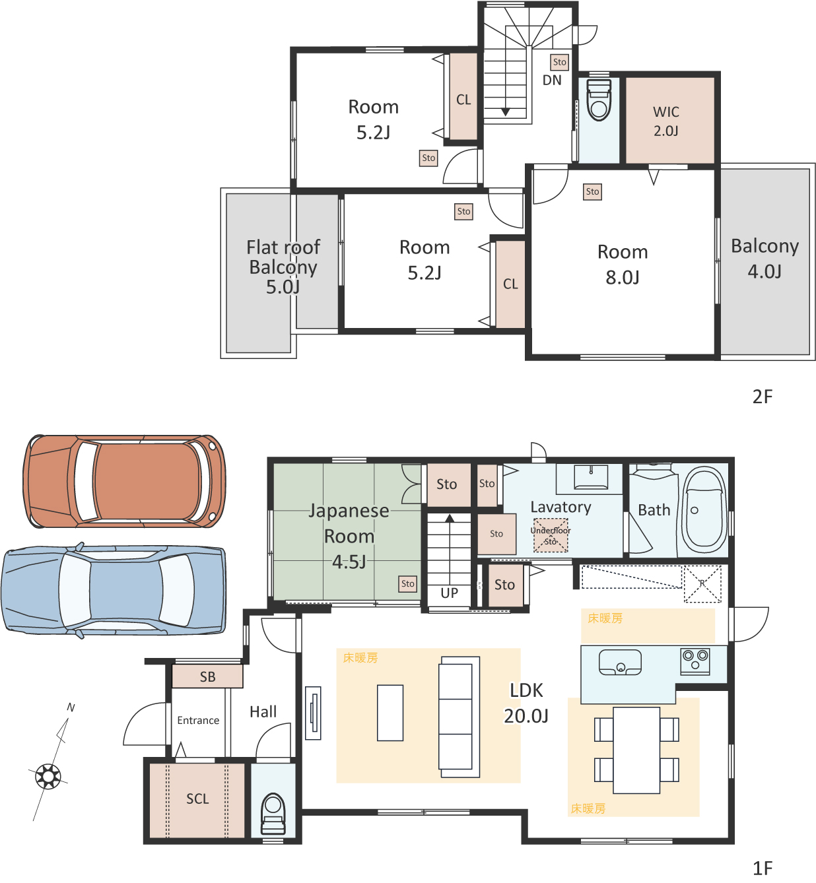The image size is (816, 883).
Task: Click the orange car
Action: click(124, 481)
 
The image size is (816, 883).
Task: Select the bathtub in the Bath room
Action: click(704, 509)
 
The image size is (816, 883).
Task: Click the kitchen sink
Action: click(620, 663)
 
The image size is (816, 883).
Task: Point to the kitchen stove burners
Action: click(695, 661)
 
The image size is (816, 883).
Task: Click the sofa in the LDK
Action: click(459, 717)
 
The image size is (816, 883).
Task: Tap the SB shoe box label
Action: click(207, 676)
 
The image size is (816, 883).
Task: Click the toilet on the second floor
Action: click(598, 100)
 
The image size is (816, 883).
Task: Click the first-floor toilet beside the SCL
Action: click(273, 814)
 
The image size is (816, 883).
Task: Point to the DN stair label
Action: click(552, 80)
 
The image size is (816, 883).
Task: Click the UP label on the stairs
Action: click(449, 593)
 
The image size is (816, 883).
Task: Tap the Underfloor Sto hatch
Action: click(551, 535)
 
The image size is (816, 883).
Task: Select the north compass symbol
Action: click(48, 776)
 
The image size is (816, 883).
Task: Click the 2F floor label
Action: click(762, 397)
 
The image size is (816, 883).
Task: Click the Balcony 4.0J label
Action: click(765, 258)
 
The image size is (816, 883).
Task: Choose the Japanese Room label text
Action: click(349, 523)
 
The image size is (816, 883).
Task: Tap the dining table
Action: click(636, 750)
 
